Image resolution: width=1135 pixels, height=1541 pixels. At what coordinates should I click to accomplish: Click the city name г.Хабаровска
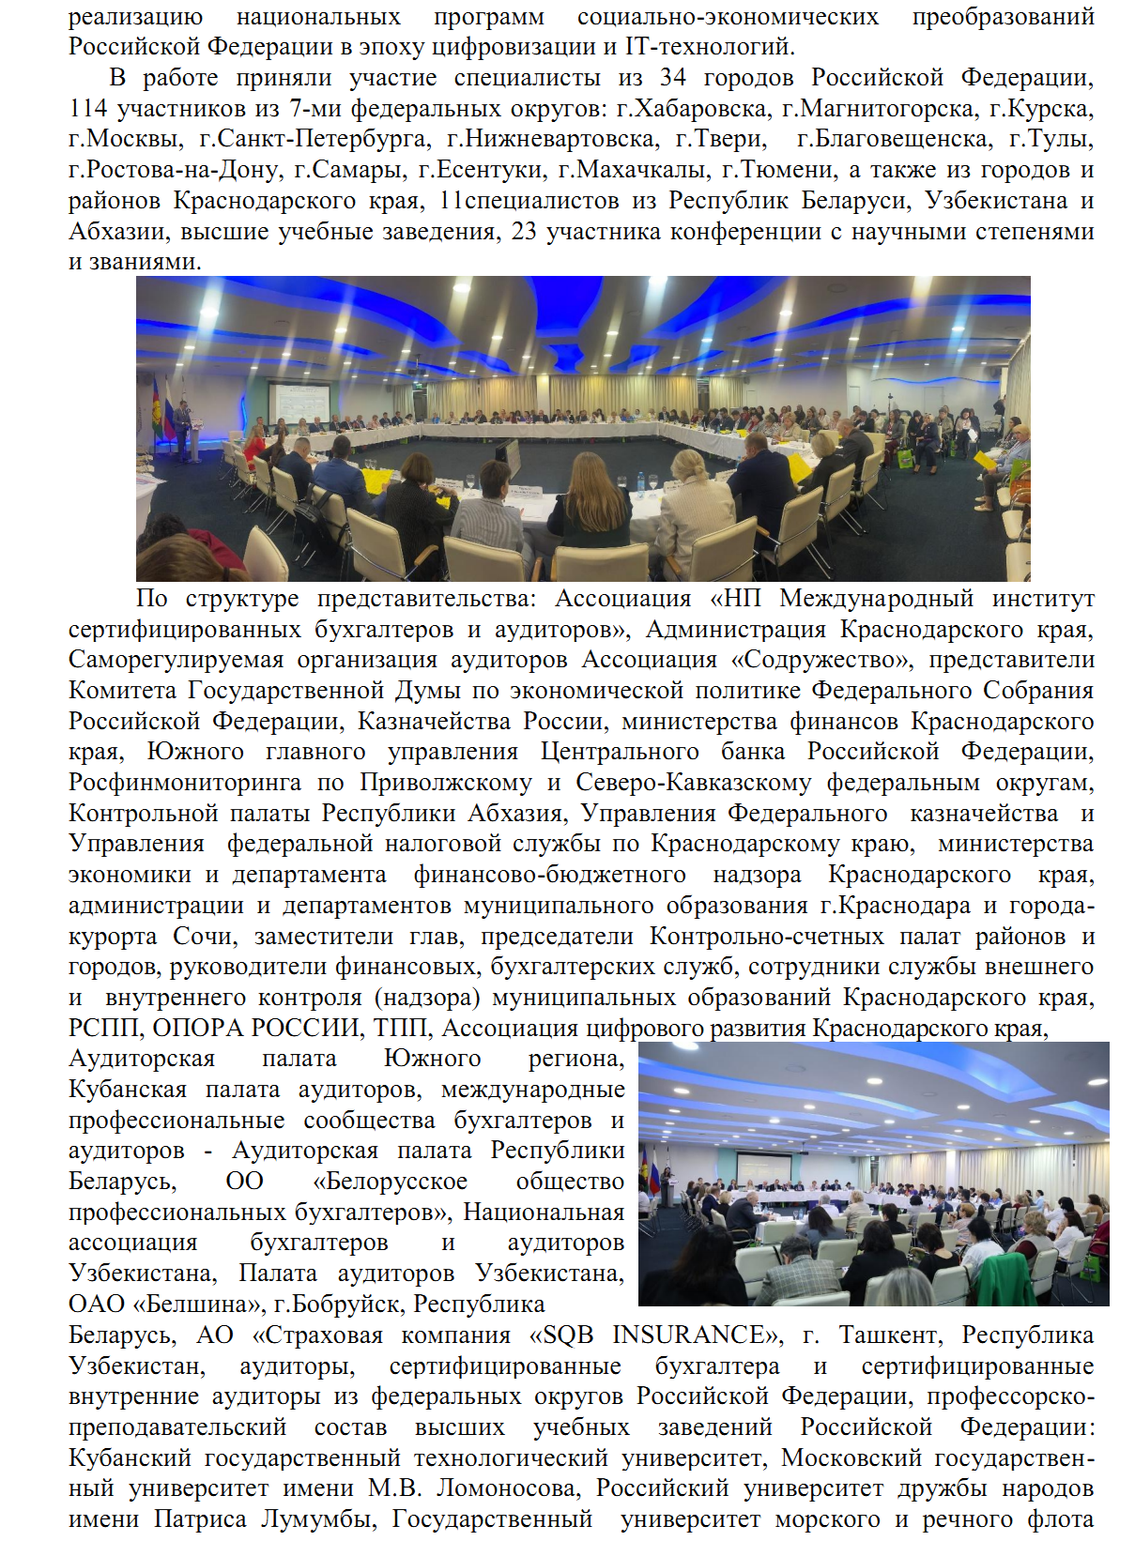coord(692,109)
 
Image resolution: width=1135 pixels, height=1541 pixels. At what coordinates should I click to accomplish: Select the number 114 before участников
coord(88,109)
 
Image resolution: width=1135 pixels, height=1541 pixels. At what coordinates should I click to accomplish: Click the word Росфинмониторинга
coord(185,783)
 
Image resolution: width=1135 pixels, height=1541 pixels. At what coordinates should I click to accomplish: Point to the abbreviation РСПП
coord(103,1029)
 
